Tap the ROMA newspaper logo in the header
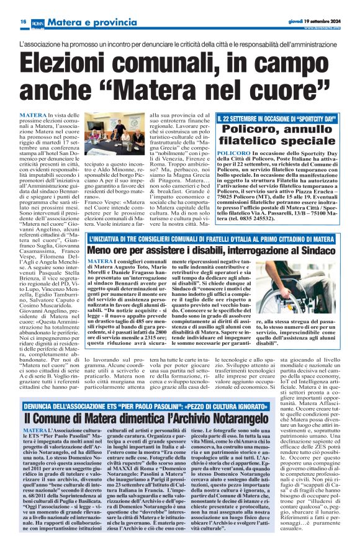pyautogui.click(x=36, y=22)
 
